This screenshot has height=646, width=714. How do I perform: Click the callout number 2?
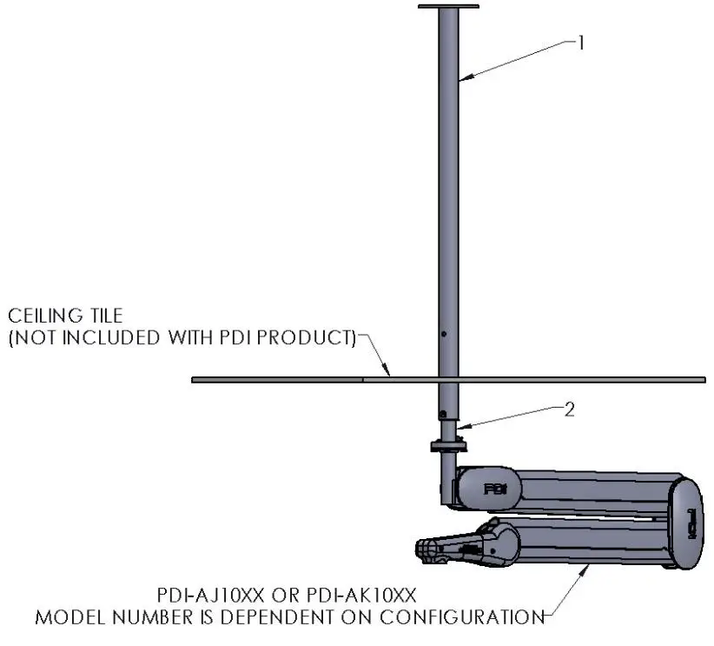point(570,410)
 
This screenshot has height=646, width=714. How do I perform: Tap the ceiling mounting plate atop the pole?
point(448,8)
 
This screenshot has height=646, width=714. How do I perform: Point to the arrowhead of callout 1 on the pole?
point(462,80)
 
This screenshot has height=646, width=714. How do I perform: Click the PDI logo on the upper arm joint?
point(495,489)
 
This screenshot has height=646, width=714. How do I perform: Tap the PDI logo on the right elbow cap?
point(692,523)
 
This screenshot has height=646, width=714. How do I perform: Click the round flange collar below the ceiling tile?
point(448,447)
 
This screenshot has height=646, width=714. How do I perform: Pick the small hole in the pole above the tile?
point(443,335)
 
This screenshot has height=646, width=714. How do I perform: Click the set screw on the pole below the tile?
point(443,413)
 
